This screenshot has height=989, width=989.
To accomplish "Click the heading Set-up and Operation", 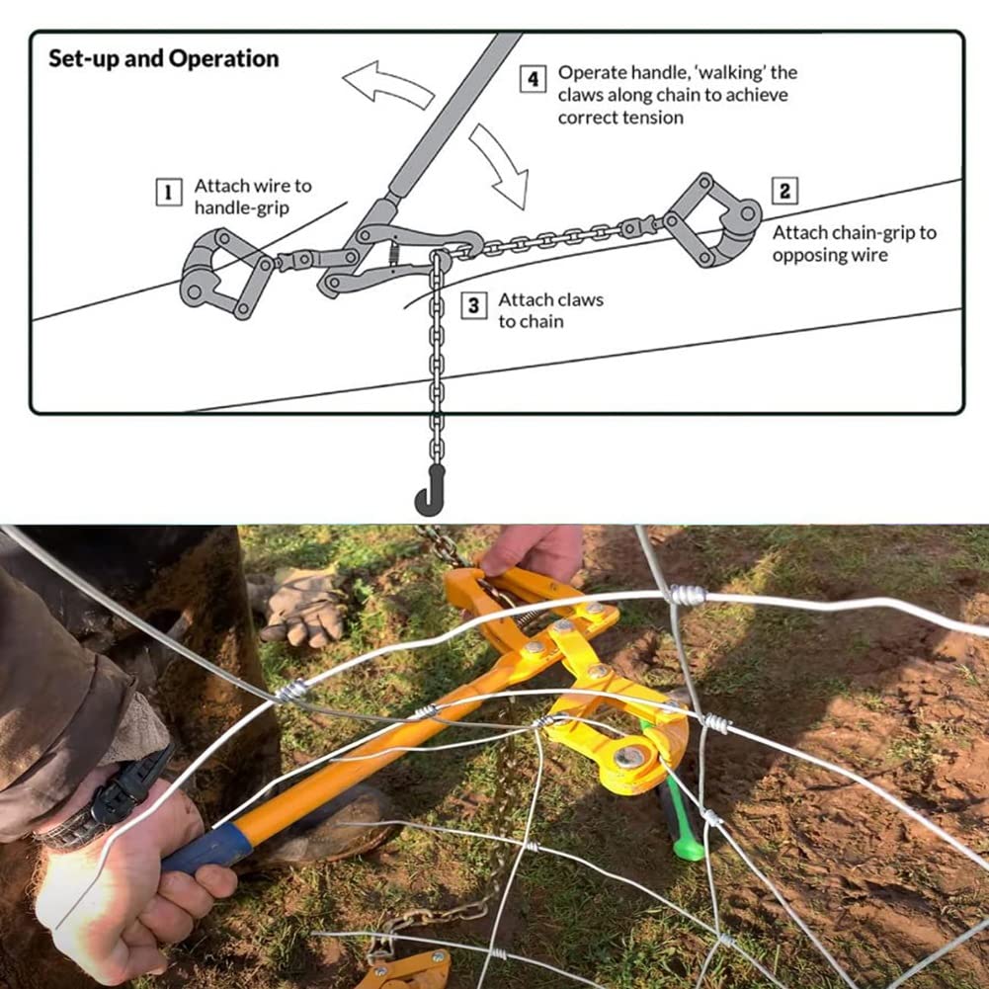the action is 163,58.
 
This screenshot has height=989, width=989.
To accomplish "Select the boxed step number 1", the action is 168,192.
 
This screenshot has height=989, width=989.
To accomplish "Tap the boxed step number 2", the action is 784,191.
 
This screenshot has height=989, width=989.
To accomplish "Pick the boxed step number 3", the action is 473,306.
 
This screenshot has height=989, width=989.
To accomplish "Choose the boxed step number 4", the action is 533,79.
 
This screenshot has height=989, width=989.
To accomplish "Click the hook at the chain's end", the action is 430,493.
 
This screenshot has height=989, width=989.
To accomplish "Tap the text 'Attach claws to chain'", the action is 550,310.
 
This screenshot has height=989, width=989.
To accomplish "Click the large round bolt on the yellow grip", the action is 629,756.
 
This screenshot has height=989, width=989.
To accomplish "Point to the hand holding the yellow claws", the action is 532,555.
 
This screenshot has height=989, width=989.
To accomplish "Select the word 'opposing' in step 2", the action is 798,256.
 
